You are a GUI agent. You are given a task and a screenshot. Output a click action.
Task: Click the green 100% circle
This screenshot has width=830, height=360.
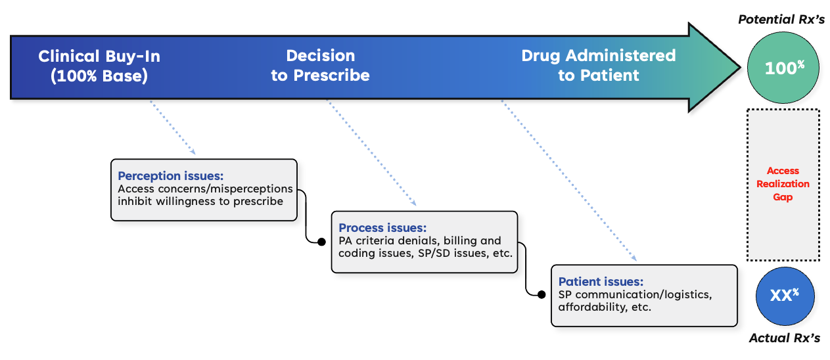(x=783, y=68)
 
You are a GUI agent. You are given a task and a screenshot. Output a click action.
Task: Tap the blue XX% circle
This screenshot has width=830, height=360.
(x=782, y=295)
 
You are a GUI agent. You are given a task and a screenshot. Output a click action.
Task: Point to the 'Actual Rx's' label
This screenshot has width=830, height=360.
(x=784, y=338)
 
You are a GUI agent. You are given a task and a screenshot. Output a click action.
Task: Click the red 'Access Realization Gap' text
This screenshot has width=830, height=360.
(x=783, y=184)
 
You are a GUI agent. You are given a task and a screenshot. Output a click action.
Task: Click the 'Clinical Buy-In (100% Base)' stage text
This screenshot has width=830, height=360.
(x=99, y=66)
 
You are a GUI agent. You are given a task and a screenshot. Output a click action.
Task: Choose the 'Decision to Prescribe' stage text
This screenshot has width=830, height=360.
(x=320, y=66)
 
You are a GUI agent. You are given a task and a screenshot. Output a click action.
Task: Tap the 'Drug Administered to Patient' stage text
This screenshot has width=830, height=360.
(x=598, y=66)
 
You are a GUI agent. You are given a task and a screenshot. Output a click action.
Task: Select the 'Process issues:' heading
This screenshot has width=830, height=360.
(x=382, y=228)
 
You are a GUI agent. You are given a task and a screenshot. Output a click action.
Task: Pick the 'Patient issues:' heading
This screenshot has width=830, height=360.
(x=600, y=281)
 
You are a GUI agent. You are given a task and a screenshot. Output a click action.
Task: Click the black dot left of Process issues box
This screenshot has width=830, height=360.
(x=321, y=242)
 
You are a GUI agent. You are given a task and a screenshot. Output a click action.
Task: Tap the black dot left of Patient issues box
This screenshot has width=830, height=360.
(x=542, y=295)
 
